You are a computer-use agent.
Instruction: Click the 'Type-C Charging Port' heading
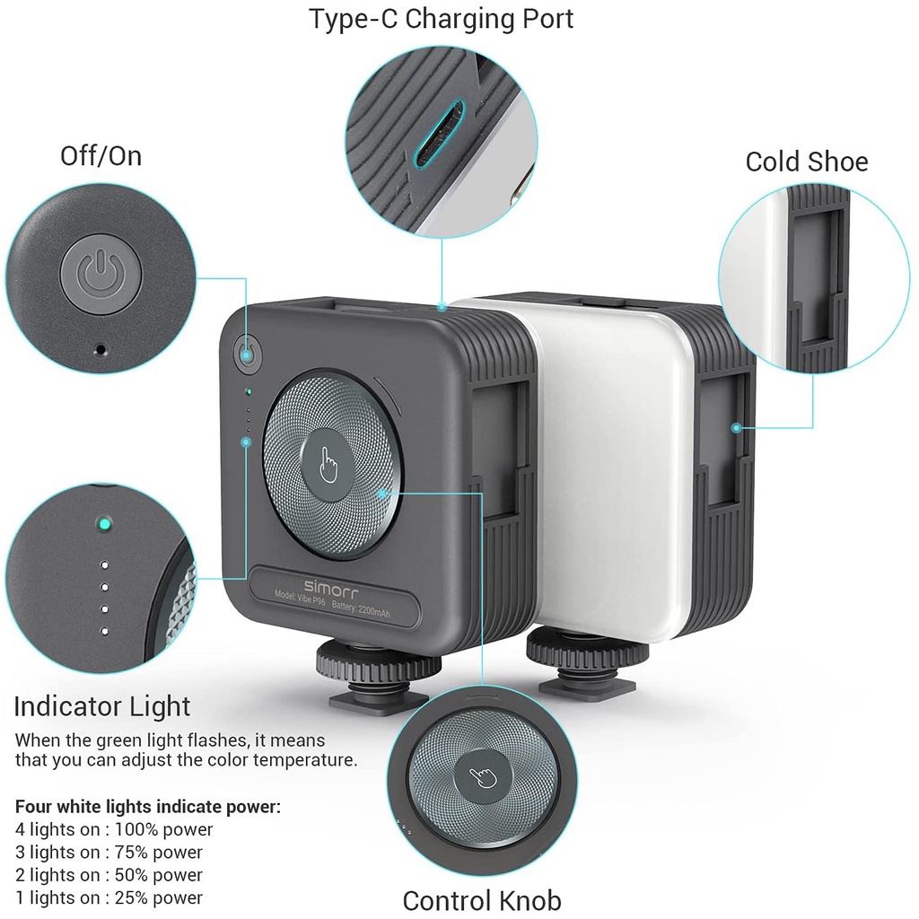[441, 20]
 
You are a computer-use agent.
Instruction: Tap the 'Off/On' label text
[101, 156]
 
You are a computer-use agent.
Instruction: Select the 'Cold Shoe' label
[807, 162]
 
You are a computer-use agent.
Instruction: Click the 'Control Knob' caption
[482, 900]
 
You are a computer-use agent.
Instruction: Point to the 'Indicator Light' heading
[102, 706]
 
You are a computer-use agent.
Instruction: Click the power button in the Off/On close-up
[101, 273]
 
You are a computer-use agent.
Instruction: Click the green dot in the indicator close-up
[104, 523]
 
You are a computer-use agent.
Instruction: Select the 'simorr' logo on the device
[330, 587]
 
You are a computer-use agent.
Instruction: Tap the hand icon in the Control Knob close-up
[483, 777]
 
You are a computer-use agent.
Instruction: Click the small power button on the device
[248, 354]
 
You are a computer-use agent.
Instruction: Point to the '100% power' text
[163, 829]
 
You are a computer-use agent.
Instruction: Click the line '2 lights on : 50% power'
[109, 875]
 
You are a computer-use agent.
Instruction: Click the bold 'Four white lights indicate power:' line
[148, 807]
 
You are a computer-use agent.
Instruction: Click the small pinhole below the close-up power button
[101, 350]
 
